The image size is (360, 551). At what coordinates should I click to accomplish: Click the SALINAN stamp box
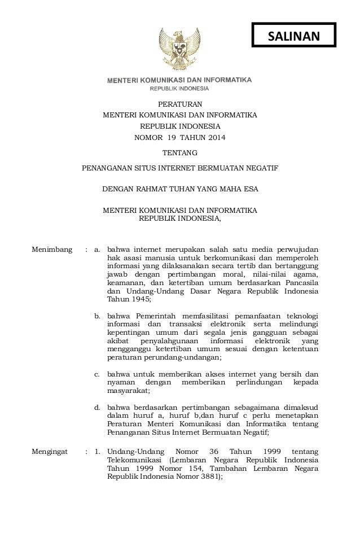tap(293, 36)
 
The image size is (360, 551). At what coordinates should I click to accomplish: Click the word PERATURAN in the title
tap(179, 104)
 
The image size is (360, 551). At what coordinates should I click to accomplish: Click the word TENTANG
tap(179, 152)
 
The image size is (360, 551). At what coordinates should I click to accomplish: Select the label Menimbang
tap(52, 249)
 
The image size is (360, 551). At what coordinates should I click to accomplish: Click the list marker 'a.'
tap(97, 249)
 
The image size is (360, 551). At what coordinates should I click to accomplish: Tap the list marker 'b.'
tap(97, 315)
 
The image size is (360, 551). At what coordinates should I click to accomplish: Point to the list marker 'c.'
tap(97, 374)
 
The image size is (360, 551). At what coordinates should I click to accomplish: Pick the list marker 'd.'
tap(97, 407)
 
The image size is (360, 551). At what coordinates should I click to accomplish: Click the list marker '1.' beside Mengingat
tap(97, 452)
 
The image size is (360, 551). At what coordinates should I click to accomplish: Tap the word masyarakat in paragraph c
tap(128, 391)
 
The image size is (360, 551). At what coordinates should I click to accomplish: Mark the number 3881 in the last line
tap(212, 476)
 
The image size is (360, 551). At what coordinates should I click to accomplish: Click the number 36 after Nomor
tap(213, 452)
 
